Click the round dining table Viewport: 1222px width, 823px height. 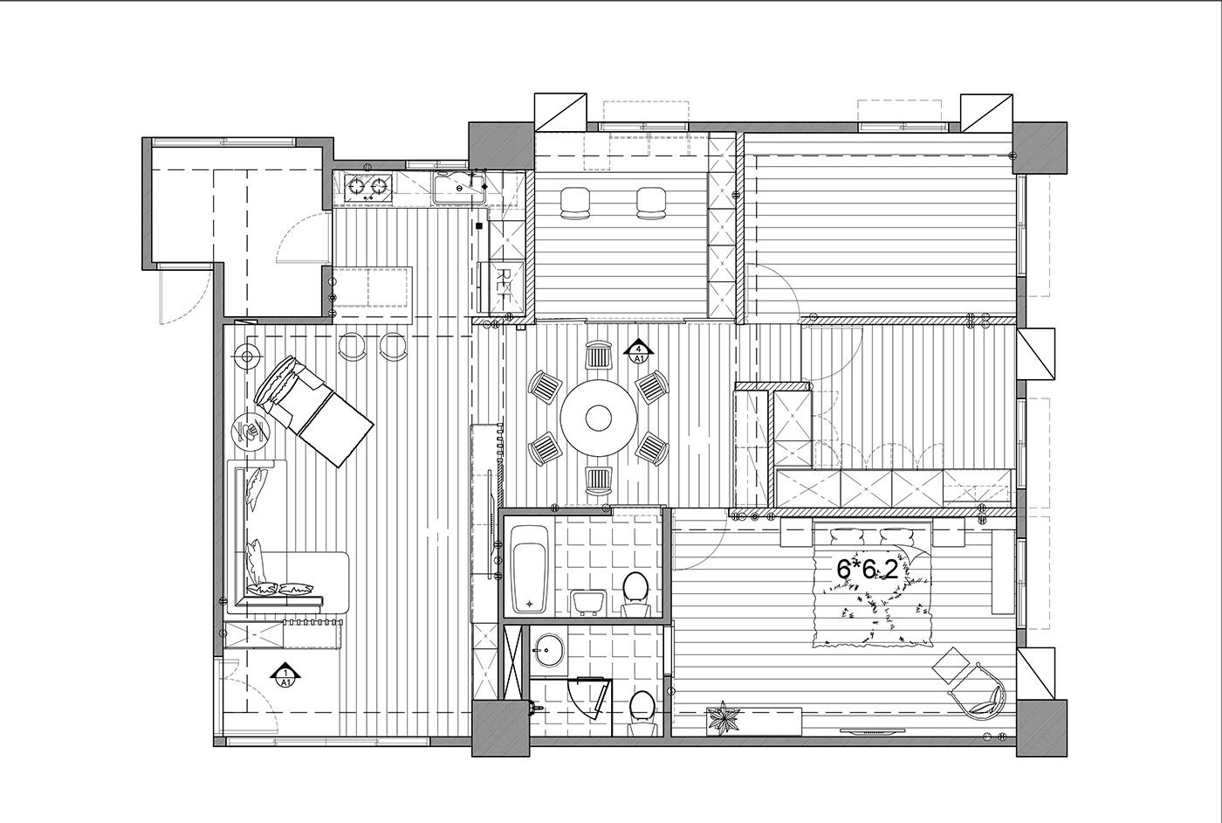click(x=599, y=418)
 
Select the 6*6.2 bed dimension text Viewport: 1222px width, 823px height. click(x=868, y=570)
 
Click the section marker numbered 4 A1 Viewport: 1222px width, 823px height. click(x=639, y=353)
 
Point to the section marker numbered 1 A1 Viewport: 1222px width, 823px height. click(x=285, y=676)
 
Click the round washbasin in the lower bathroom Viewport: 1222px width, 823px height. click(x=548, y=650)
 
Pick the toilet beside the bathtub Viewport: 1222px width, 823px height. click(x=635, y=595)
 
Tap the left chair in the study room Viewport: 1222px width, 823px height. click(x=575, y=204)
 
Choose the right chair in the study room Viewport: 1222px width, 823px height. click(x=651, y=204)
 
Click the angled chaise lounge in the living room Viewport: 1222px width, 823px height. click(x=313, y=410)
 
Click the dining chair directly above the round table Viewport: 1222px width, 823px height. click(x=599, y=356)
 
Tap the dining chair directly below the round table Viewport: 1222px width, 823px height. click(x=599, y=481)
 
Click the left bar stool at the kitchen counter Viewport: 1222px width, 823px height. click(x=354, y=346)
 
